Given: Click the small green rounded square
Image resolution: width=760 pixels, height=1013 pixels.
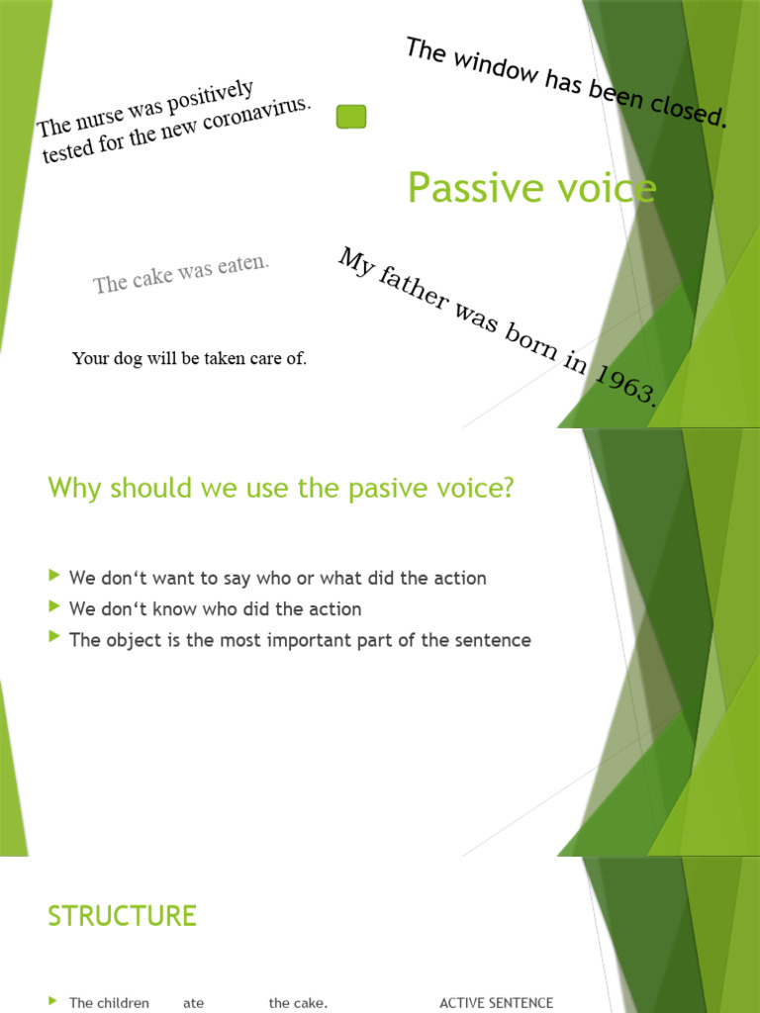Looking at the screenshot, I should (x=351, y=117).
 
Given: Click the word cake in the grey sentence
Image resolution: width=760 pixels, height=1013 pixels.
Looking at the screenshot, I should (x=152, y=277).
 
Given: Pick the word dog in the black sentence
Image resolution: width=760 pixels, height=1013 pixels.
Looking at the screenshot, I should (x=129, y=358).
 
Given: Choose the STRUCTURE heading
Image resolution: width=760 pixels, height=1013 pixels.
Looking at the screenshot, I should (x=122, y=916).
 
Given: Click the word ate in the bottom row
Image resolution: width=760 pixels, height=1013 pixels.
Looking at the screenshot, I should (x=193, y=1003).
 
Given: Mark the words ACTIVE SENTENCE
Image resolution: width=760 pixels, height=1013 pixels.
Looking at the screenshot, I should (x=496, y=1003).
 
